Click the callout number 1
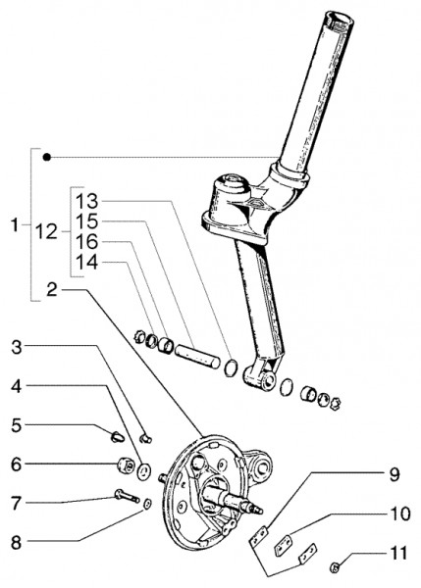[x=15, y=226]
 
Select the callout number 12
[x=45, y=232]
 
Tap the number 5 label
[x=17, y=427]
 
